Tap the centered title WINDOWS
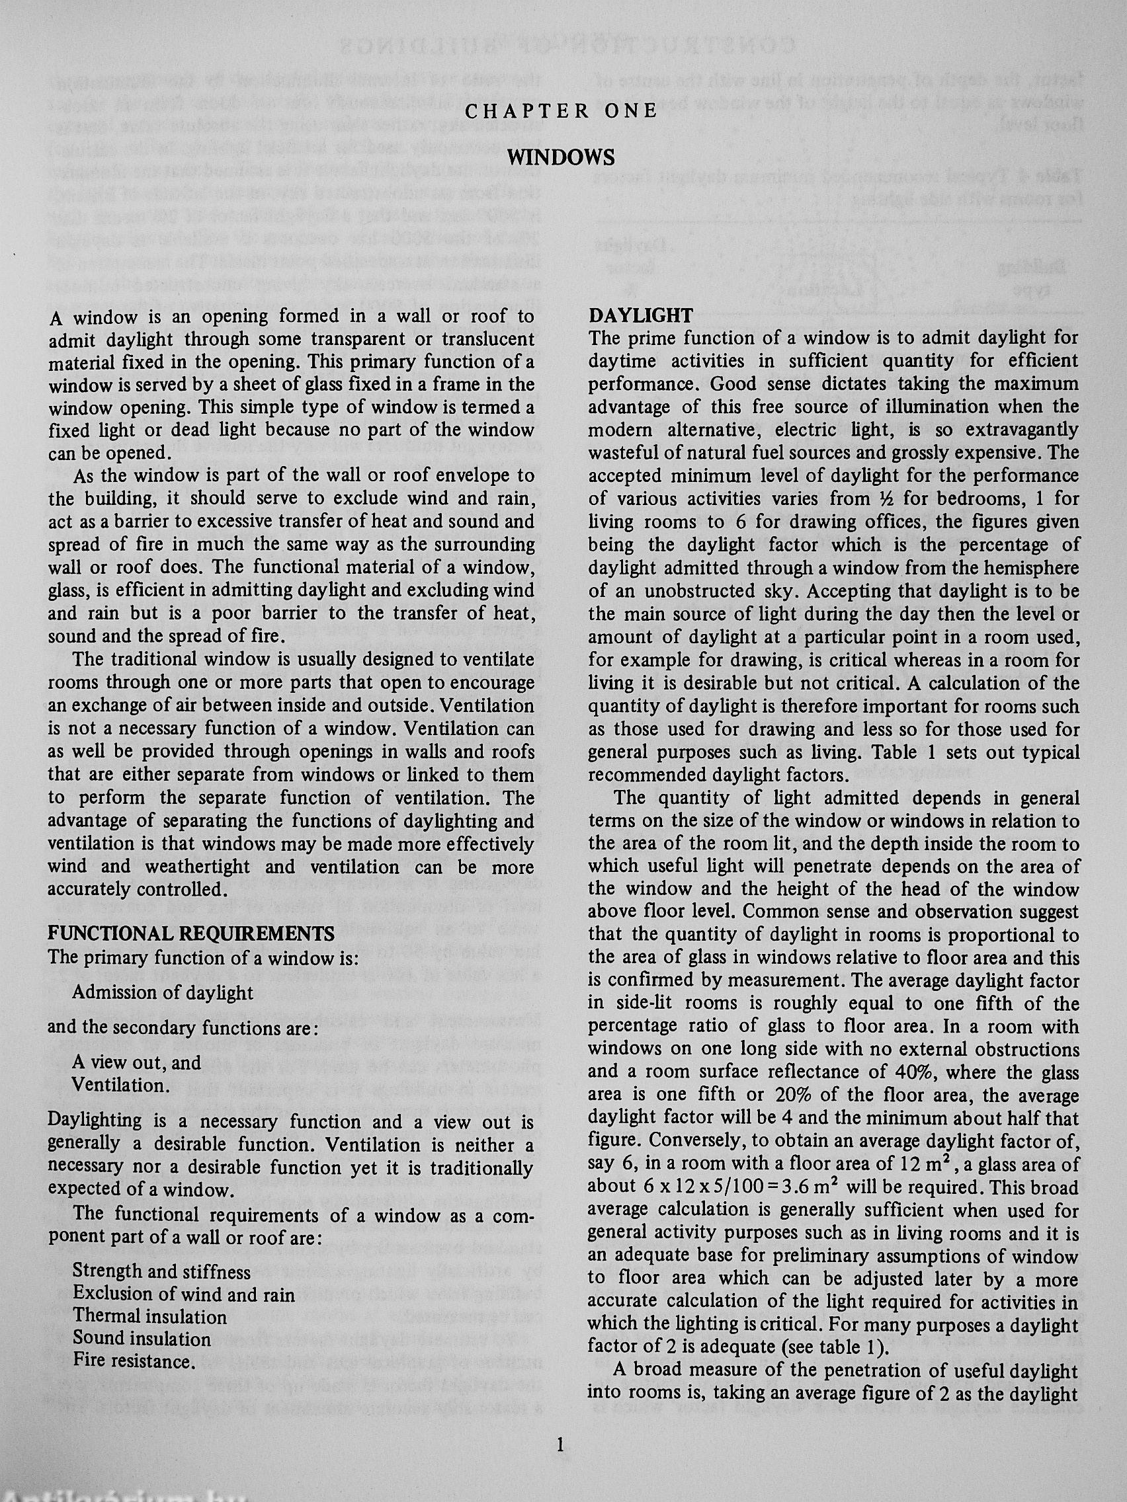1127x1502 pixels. pyautogui.click(x=561, y=157)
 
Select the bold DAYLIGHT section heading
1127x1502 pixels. pyautogui.click(x=641, y=315)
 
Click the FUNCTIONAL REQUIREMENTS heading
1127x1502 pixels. pyautogui.click(x=191, y=933)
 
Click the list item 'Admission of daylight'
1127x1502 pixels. pyautogui.click(x=162, y=992)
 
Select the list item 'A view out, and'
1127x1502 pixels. pyautogui.click(x=136, y=1062)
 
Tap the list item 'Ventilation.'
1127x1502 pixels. pyautogui.click(x=121, y=1085)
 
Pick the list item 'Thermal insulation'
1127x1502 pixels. pyautogui.click(x=149, y=1317)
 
